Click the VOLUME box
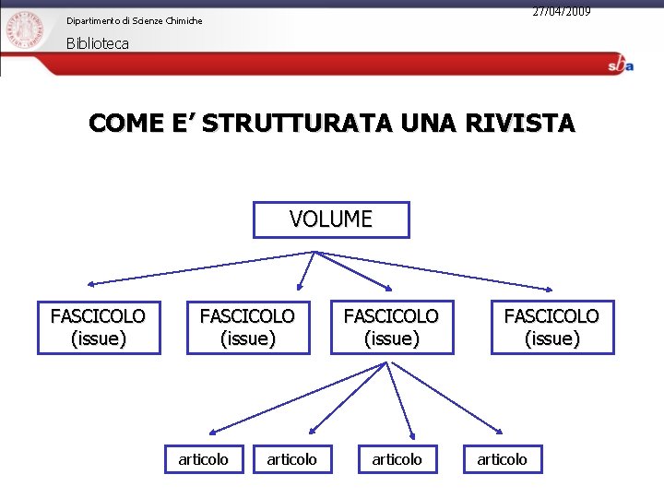[x=331, y=219]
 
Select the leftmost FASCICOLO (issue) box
[x=99, y=327]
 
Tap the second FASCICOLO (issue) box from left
[x=247, y=327]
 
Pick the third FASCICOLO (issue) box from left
[x=392, y=327]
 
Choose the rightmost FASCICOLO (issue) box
[x=551, y=327]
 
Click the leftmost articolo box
[x=204, y=458]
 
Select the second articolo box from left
[x=291, y=458]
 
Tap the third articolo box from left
[x=397, y=458]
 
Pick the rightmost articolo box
[x=503, y=458]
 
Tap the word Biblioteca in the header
[x=98, y=43]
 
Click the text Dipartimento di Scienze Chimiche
[x=134, y=20]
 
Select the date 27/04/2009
[x=561, y=11]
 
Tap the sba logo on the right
[x=620, y=65]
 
